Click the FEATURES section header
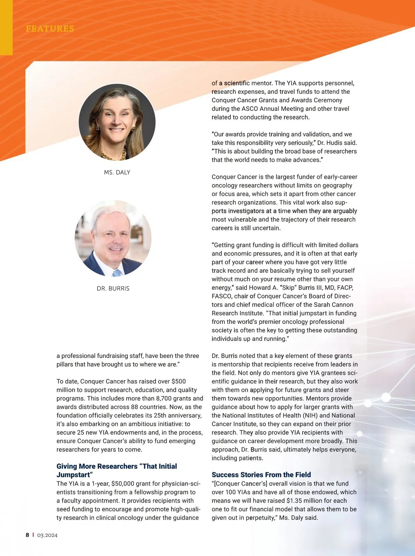[50, 28]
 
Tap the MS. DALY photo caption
[117, 172]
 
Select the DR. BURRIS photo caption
[113, 288]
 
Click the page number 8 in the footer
[27, 535]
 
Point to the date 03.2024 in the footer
[47, 535]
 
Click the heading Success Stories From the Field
[261, 475]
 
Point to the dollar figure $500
[179, 382]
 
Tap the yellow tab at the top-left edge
[6, 28]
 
